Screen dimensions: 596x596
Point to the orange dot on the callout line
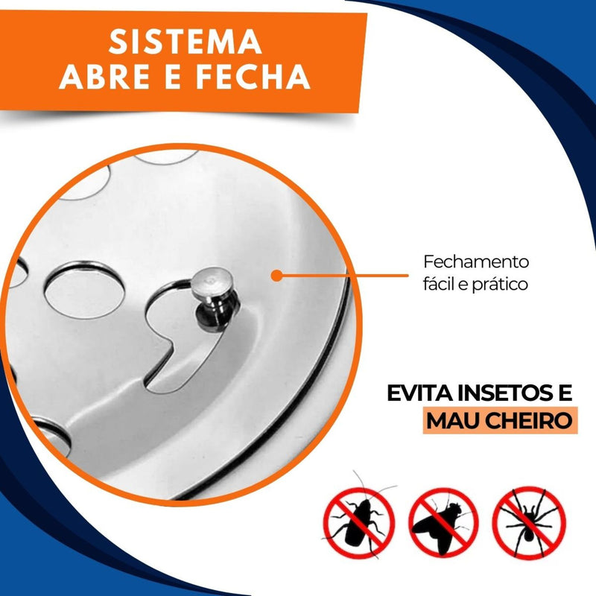tap(277, 276)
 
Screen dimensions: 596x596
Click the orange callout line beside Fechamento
tap(343, 276)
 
